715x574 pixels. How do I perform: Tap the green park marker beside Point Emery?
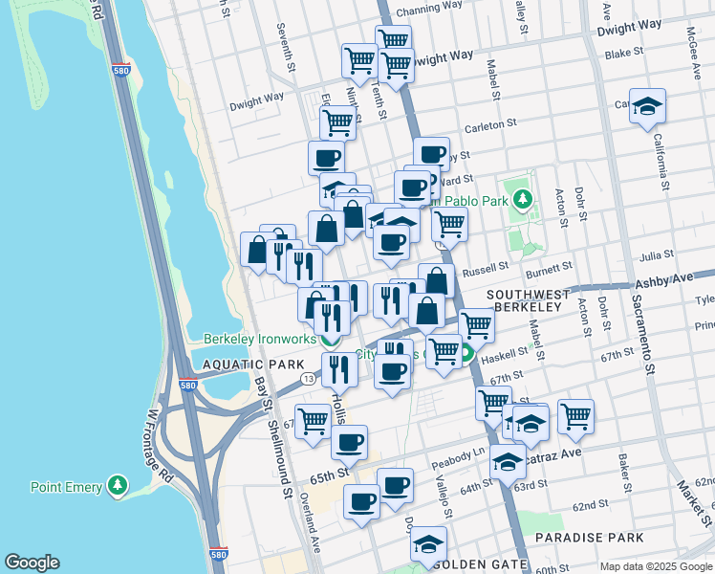[x=118, y=487]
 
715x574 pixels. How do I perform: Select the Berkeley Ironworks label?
[x=259, y=338]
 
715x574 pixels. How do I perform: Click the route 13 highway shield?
[x=306, y=380]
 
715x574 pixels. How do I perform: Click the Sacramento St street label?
[x=641, y=325]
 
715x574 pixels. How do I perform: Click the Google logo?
[x=32, y=563]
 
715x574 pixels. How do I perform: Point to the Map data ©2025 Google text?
[x=654, y=566]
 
